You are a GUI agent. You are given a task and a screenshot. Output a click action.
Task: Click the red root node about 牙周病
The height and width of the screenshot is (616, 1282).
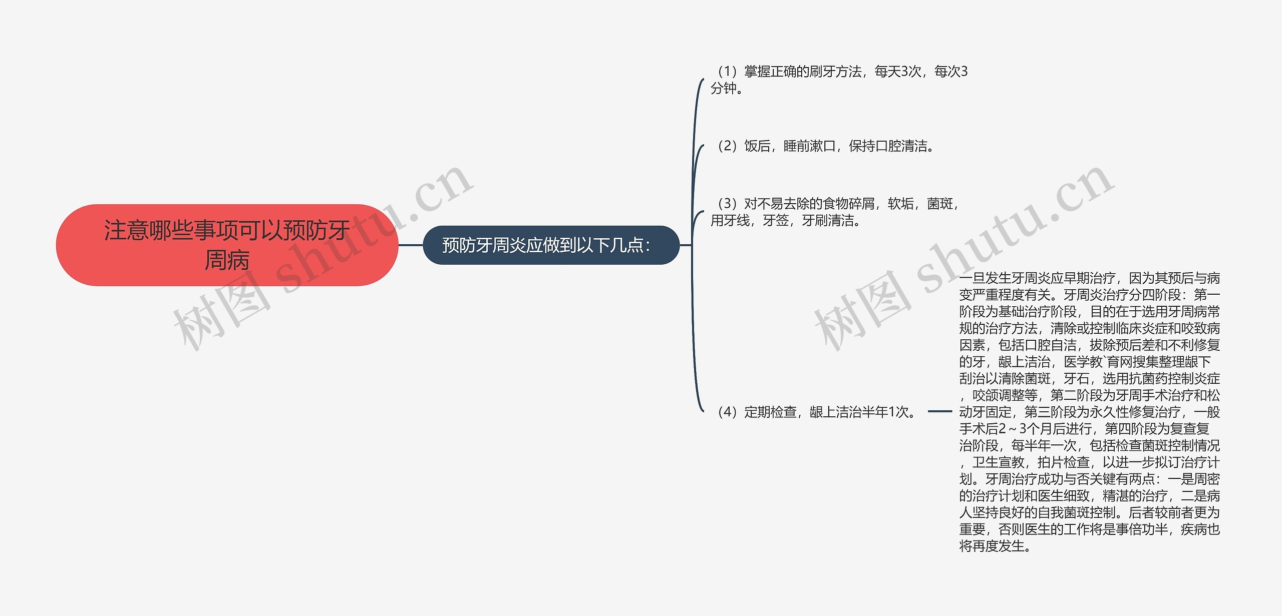(x=227, y=245)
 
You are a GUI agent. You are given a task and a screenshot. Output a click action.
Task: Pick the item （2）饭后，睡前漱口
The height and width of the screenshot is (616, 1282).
(x=824, y=146)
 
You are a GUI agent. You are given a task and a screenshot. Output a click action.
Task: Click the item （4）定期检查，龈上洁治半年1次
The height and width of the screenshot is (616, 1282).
(x=816, y=412)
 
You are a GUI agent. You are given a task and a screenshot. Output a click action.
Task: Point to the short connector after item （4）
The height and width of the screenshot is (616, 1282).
(x=939, y=411)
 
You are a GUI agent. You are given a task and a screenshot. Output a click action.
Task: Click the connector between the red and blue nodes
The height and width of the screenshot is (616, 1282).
(x=411, y=245)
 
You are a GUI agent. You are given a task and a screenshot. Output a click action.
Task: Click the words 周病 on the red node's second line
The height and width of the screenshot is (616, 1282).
(x=227, y=260)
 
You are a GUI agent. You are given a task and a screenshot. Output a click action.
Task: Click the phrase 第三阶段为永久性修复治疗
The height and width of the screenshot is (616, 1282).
(x=1105, y=412)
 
